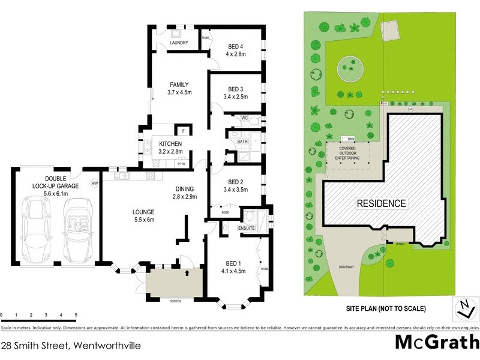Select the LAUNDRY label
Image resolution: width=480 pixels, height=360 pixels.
pyautogui.click(x=179, y=43)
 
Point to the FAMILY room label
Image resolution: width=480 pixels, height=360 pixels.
pyautogui.click(x=179, y=85)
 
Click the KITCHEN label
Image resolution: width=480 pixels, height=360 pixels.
pyautogui.click(x=170, y=144)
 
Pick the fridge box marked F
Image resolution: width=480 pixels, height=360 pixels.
pyautogui.click(x=183, y=131)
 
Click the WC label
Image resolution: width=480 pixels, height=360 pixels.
pyautogui.click(x=244, y=118)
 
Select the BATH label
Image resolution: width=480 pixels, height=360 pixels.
pyautogui.click(x=242, y=142)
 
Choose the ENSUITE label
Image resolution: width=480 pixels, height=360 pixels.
pyautogui.click(x=247, y=228)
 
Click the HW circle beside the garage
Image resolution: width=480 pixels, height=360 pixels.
pyautogui.click(x=94, y=183)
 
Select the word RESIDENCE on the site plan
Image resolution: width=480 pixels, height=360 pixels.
pyautogui.click(x=382, y=203)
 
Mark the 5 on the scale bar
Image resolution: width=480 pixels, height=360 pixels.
pyautogui.click(x=76, y=314)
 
